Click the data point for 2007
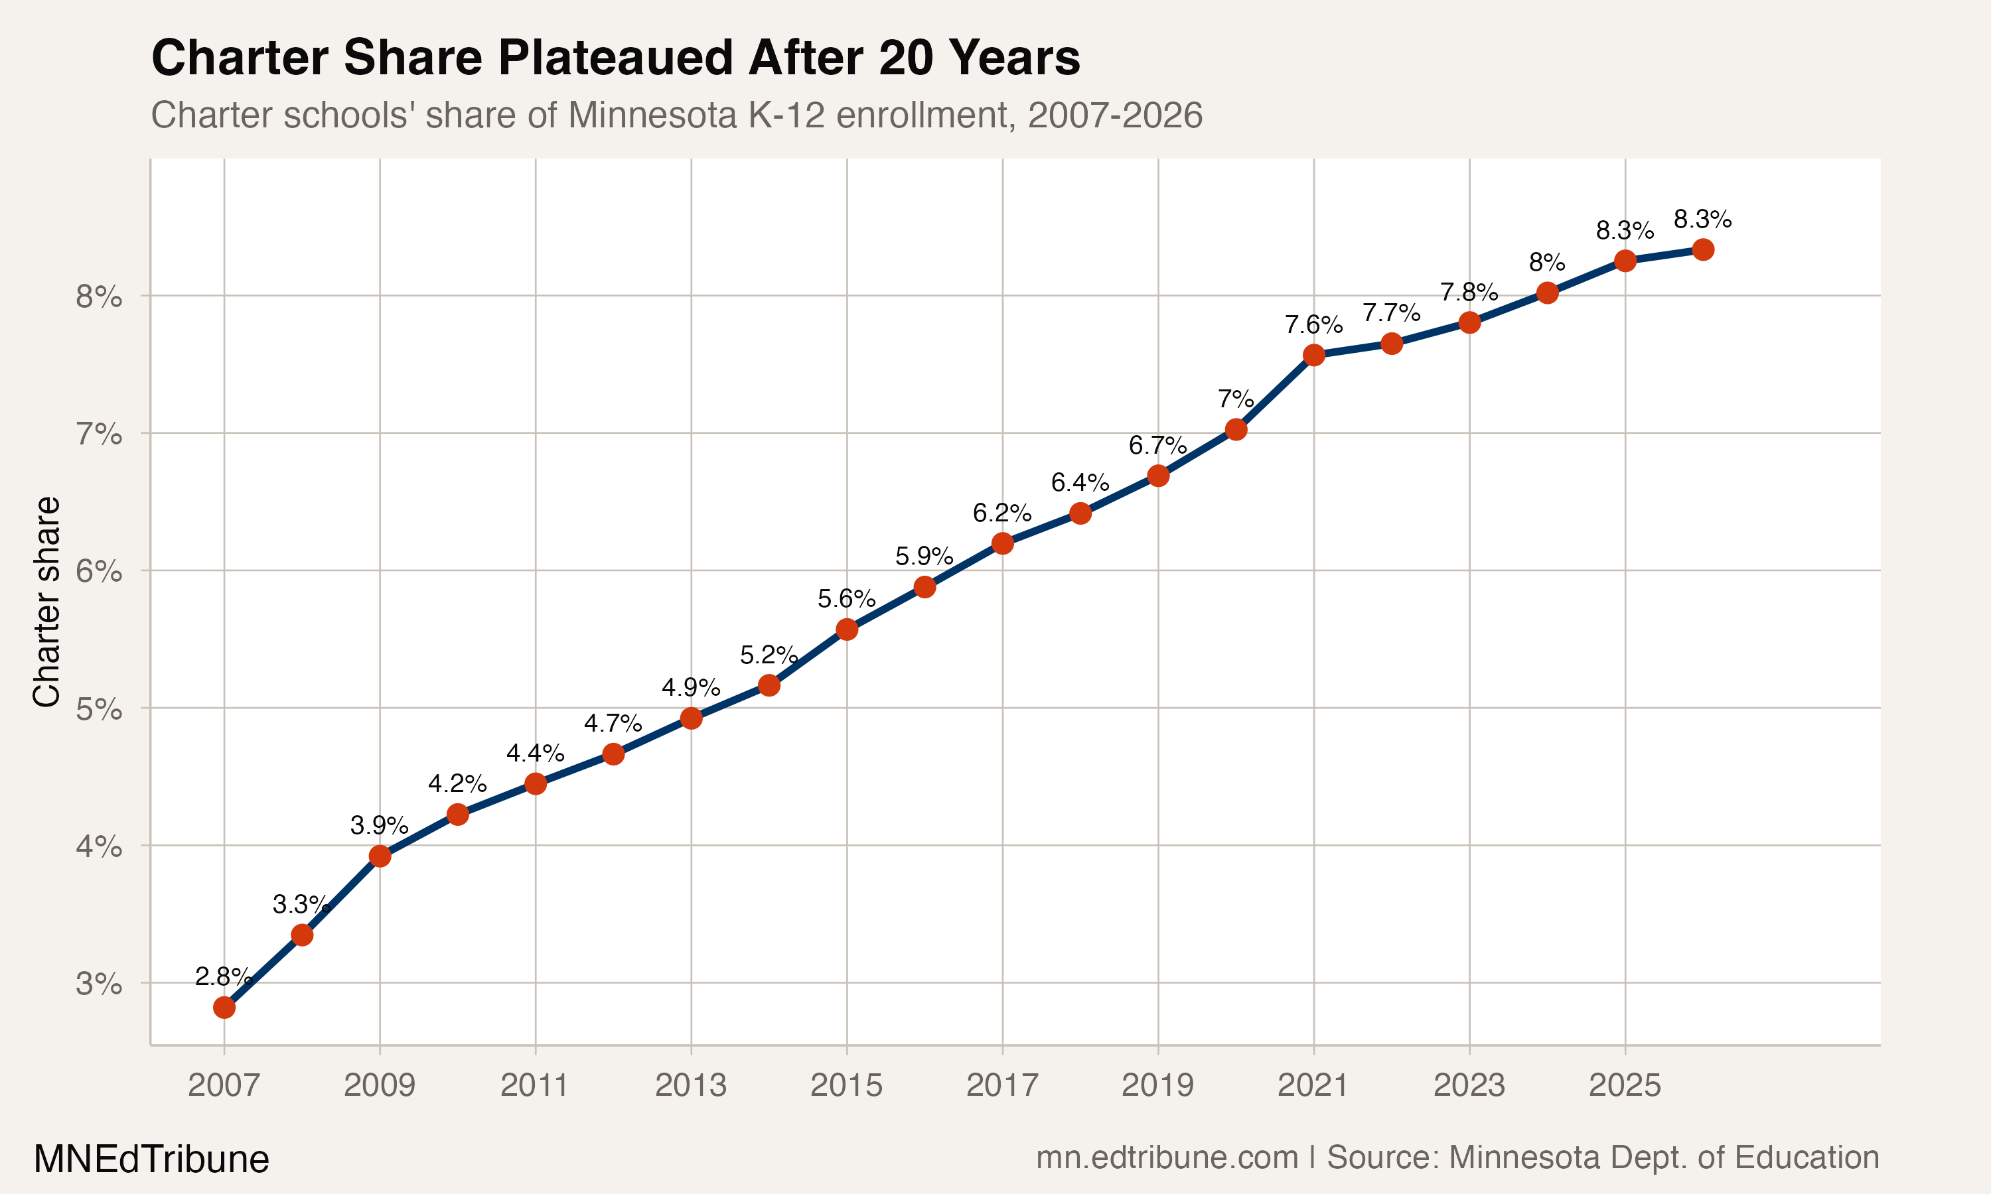pyautogui.click(x=224, y=1008)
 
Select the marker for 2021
pyautogui.click(x=1313, y=355)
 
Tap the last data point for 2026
pyautogui.click(x=1703, y=249)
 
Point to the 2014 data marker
pyautogui.click(x=769, y=685)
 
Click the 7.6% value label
pyautogui.click(x=1313, y=325)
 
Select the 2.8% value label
pyautogui.click(x=223, y=977)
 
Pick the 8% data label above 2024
pyautogui.click(x=1547, y=262)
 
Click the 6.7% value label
pyautogui.click(x=1157, y=445)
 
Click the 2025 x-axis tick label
pyautogui.click(x=1625, y=1085)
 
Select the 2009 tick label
pyautogui.click(x=379, y=1085)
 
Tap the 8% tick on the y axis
pyautogui.click(x=99, y=298)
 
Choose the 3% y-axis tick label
pyautogui.click(x=99, y=984)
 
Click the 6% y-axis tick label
pyautogui.click(x=99, y=572)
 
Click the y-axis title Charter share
pyautogui.click(x=46, y=602)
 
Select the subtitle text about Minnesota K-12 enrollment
pyautogui.click(x=676, y=115)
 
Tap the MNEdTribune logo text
pyautogui.click(x=151, y=1160)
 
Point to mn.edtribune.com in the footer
pyautogui.click(x=1167, y=1157)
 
